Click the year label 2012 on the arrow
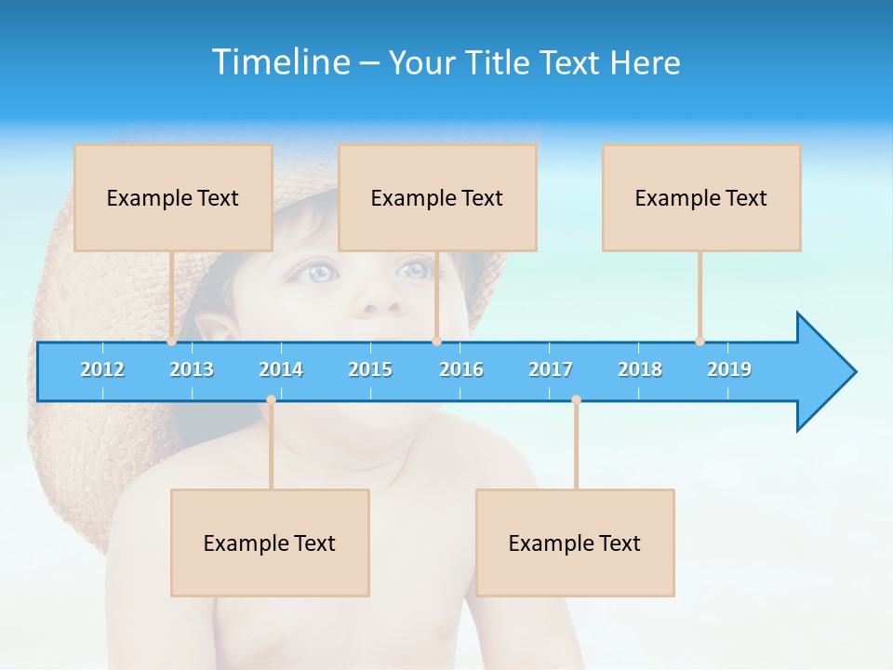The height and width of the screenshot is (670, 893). [102, 369]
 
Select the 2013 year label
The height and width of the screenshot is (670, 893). [192, 369]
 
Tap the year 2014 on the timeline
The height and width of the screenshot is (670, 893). [281, 369]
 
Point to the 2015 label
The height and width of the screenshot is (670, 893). [370, 369]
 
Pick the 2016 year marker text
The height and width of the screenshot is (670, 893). [461, 369]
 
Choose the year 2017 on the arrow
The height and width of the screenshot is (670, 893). [551, 369]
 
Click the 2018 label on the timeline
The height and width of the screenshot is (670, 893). [640, 369]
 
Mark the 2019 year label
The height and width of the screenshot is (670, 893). [729, 369]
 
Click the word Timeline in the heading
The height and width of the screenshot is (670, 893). [280, 62]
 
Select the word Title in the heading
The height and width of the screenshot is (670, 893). [500, 62]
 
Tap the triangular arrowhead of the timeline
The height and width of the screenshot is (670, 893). [824, 372]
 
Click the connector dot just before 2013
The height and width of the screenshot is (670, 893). [172, 342]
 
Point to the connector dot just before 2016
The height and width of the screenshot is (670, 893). [436, 342]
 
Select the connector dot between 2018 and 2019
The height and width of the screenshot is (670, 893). [700, 342]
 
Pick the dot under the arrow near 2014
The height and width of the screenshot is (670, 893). [271, 400]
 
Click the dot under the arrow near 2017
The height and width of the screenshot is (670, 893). [576, 400]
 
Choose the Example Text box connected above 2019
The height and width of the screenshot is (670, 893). [701, 197]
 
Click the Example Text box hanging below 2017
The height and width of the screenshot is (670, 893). [575, 543]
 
